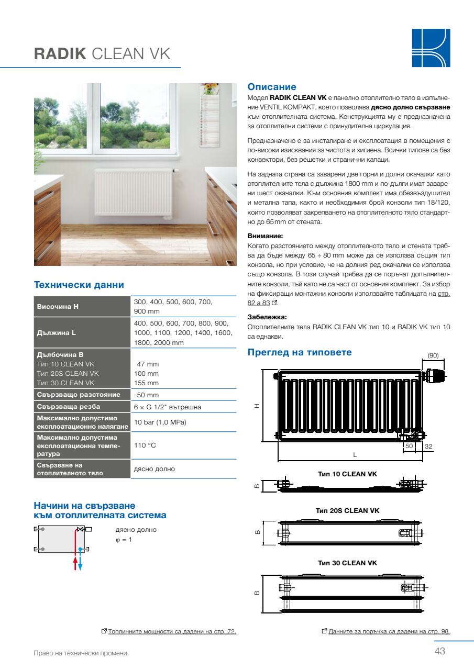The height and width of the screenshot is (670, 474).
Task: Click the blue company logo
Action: [x=431, y=48]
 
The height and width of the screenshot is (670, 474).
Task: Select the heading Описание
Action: [x=272, y=87]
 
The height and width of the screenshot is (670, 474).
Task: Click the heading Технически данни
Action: [x=79, y=285]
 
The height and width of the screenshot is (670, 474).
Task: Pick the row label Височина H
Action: [x=58, y=306]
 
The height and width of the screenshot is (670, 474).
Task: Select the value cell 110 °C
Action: [x=145, y=445]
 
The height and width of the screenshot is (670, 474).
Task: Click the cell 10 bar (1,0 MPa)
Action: [x=160, y=422]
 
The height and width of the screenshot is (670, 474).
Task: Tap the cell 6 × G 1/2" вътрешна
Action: [x=168, y=407]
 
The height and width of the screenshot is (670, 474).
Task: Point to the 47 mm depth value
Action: [x=148, y=364]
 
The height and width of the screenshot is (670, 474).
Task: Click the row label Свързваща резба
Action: [x=68, y=407]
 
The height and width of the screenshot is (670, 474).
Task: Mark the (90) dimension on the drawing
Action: [x=433, y=355]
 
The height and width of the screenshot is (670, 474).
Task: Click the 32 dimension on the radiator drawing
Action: [x=428, y=446]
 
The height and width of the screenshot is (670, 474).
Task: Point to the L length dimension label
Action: [x=355, y=455]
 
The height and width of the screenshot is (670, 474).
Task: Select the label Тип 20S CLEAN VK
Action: [x=347, y=510]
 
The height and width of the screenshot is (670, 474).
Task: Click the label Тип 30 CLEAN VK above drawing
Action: [x=347, y=563]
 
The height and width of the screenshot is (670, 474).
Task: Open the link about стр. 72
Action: [x=172, y=632]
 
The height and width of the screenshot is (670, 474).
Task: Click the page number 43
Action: [x=439, y=652]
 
